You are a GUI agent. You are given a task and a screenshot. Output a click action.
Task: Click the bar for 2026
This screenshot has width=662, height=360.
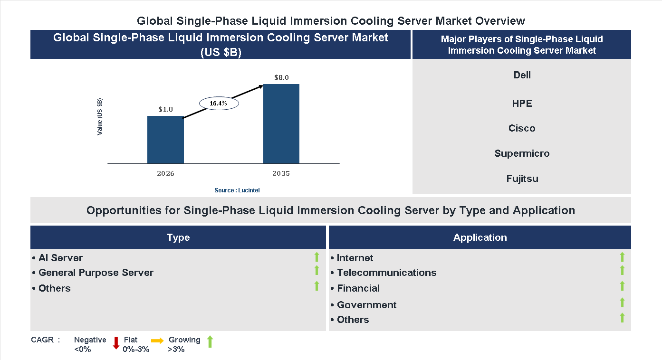point(165,140)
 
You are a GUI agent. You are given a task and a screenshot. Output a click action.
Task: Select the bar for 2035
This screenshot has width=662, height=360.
point(281,124)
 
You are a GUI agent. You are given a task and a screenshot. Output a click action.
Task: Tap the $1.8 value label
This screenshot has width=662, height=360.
point(165,109)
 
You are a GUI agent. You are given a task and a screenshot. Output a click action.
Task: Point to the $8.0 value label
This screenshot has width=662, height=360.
point(281,77)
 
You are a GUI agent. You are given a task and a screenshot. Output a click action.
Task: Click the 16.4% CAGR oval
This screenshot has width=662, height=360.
point(219,103)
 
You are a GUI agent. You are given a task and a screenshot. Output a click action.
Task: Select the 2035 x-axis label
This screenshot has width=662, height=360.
point(281,173)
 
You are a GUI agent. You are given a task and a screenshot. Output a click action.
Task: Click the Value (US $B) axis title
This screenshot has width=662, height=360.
point(100,116)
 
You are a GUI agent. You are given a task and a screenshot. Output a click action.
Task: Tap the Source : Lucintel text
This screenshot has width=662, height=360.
point(237,190)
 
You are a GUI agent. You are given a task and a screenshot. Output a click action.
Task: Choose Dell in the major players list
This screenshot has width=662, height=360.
point(522,75)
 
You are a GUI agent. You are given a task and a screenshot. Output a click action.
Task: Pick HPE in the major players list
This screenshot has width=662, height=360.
point(522,104)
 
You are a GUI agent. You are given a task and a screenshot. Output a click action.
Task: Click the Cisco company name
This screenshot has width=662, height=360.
point(522,128)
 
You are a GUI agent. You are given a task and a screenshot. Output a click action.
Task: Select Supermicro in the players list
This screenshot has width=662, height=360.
point(522,153)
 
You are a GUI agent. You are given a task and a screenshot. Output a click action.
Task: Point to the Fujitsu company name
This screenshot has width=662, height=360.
point(522,179)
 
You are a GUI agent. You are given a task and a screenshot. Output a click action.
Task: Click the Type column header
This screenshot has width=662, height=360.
point(178,237)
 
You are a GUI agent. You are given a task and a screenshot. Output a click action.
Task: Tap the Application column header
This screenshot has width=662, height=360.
point(480,237)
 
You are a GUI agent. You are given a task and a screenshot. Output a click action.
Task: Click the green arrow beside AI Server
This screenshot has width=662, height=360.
point(317,257)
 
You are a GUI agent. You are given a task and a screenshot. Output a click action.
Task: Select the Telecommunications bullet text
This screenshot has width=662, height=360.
point(386,273)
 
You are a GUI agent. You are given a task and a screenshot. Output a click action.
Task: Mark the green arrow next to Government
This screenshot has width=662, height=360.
point(622,303)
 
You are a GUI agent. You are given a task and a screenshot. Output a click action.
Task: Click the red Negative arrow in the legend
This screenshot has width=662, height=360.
point(116,342)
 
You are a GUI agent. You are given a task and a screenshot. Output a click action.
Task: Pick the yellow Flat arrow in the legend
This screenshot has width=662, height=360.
point(157,341)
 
